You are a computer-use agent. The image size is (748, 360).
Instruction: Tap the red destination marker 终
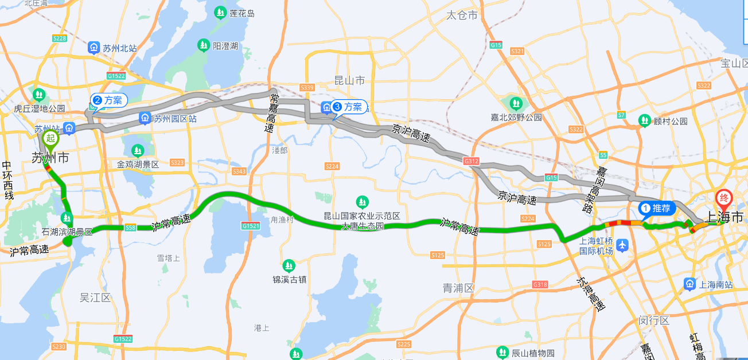click(723, 198)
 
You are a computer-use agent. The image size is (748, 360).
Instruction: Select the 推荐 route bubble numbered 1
click(656, 208)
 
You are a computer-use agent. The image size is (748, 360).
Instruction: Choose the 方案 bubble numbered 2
click(108, 100)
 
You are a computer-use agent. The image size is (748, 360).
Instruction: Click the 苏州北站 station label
click(119, 48)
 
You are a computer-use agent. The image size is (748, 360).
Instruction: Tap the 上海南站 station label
click(716, 284)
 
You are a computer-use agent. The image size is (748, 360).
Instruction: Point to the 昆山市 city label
click(349, 80)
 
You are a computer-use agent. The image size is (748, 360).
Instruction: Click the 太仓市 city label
click(462, 15)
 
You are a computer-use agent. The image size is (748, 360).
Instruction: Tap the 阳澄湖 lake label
click(225, 46)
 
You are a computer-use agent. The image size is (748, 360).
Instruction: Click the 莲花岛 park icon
click(220, 13)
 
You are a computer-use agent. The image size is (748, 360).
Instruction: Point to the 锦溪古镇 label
click(289, 279)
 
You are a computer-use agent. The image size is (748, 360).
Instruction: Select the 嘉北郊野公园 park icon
click(516, 104)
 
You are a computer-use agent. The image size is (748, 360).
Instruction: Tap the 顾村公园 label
click(670, 121)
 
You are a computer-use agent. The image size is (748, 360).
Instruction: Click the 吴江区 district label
click(95, 297)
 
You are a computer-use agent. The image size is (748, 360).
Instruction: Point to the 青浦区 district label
click(458, 288)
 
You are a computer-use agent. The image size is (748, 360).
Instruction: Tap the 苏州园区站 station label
click(176, 119)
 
